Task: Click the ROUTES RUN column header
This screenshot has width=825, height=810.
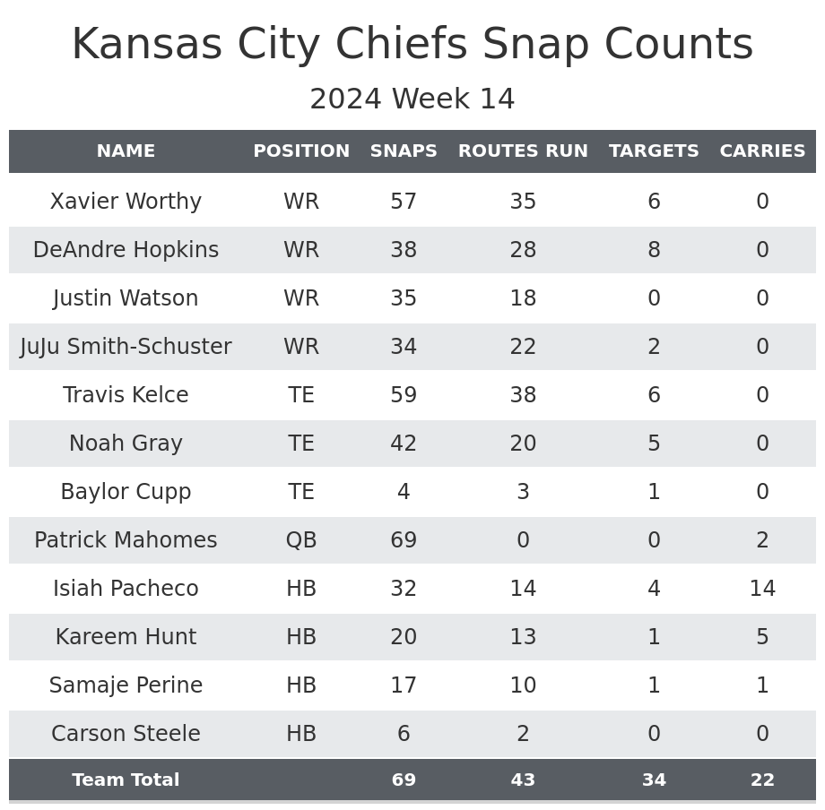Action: (523, 151)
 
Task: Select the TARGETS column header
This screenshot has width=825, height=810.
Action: (654, 151)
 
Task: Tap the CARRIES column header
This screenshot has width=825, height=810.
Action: (762, 151)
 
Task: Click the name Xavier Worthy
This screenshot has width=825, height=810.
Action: (126, 202)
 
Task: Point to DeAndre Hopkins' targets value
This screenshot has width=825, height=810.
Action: (654, 250)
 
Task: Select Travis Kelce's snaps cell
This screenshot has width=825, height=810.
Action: (404, 395)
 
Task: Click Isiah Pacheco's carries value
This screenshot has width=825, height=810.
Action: (762, 589)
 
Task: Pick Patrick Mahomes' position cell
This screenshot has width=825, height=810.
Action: (301, 540)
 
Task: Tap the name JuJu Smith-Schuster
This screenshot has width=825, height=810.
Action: (126, 347)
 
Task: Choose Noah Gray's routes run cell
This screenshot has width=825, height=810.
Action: (523, 444)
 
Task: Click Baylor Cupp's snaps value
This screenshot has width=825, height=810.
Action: (404, 492)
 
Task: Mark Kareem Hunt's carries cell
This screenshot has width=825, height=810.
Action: (762, 637)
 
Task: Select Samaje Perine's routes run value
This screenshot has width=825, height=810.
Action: (523, 685)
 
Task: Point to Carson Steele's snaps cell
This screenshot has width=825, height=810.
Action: (404, 734)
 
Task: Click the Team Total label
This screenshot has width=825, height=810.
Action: (126, 780)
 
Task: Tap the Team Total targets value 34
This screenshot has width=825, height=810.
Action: (654, 780)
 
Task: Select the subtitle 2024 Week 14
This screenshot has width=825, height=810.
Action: (412, 99)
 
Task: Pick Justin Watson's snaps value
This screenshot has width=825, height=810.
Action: (404, 298)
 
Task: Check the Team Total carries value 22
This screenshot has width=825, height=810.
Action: (762, 780)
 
